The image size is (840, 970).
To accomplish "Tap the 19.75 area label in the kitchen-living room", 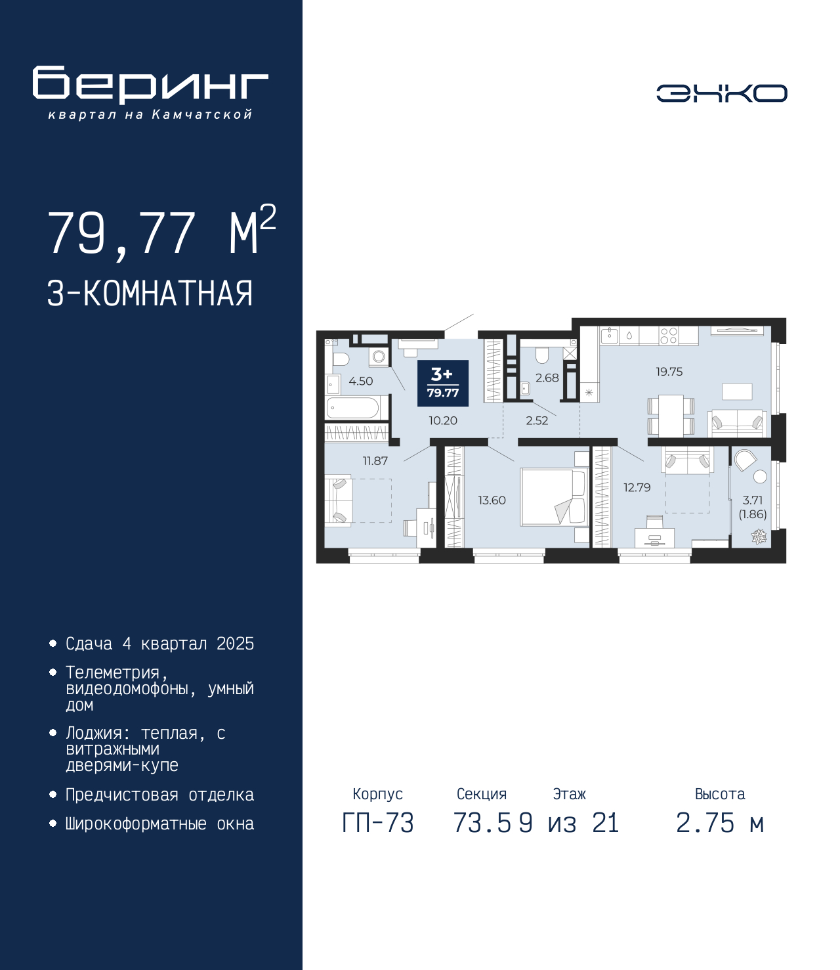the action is (669, 372).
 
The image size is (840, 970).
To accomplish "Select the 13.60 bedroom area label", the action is (492, 500).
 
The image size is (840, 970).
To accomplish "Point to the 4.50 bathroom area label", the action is (361, 381).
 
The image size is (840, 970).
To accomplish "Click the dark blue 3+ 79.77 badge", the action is (443, 383).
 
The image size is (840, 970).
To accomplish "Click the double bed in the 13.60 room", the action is (554, 497).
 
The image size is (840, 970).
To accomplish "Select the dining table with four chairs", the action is (671, 415).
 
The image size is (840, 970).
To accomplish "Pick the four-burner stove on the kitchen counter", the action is (669, 336).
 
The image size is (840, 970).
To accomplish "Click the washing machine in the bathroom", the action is (379, 357).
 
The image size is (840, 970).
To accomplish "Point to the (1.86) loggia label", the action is (753, 514).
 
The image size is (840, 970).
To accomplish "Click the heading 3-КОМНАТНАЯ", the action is (150, 294).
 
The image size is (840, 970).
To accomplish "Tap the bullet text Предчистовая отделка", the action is (159, 795).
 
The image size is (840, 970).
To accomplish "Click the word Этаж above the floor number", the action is (570, 794).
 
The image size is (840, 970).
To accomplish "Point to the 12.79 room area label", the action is (637, 487).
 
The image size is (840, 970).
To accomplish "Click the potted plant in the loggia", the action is (759, 537).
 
